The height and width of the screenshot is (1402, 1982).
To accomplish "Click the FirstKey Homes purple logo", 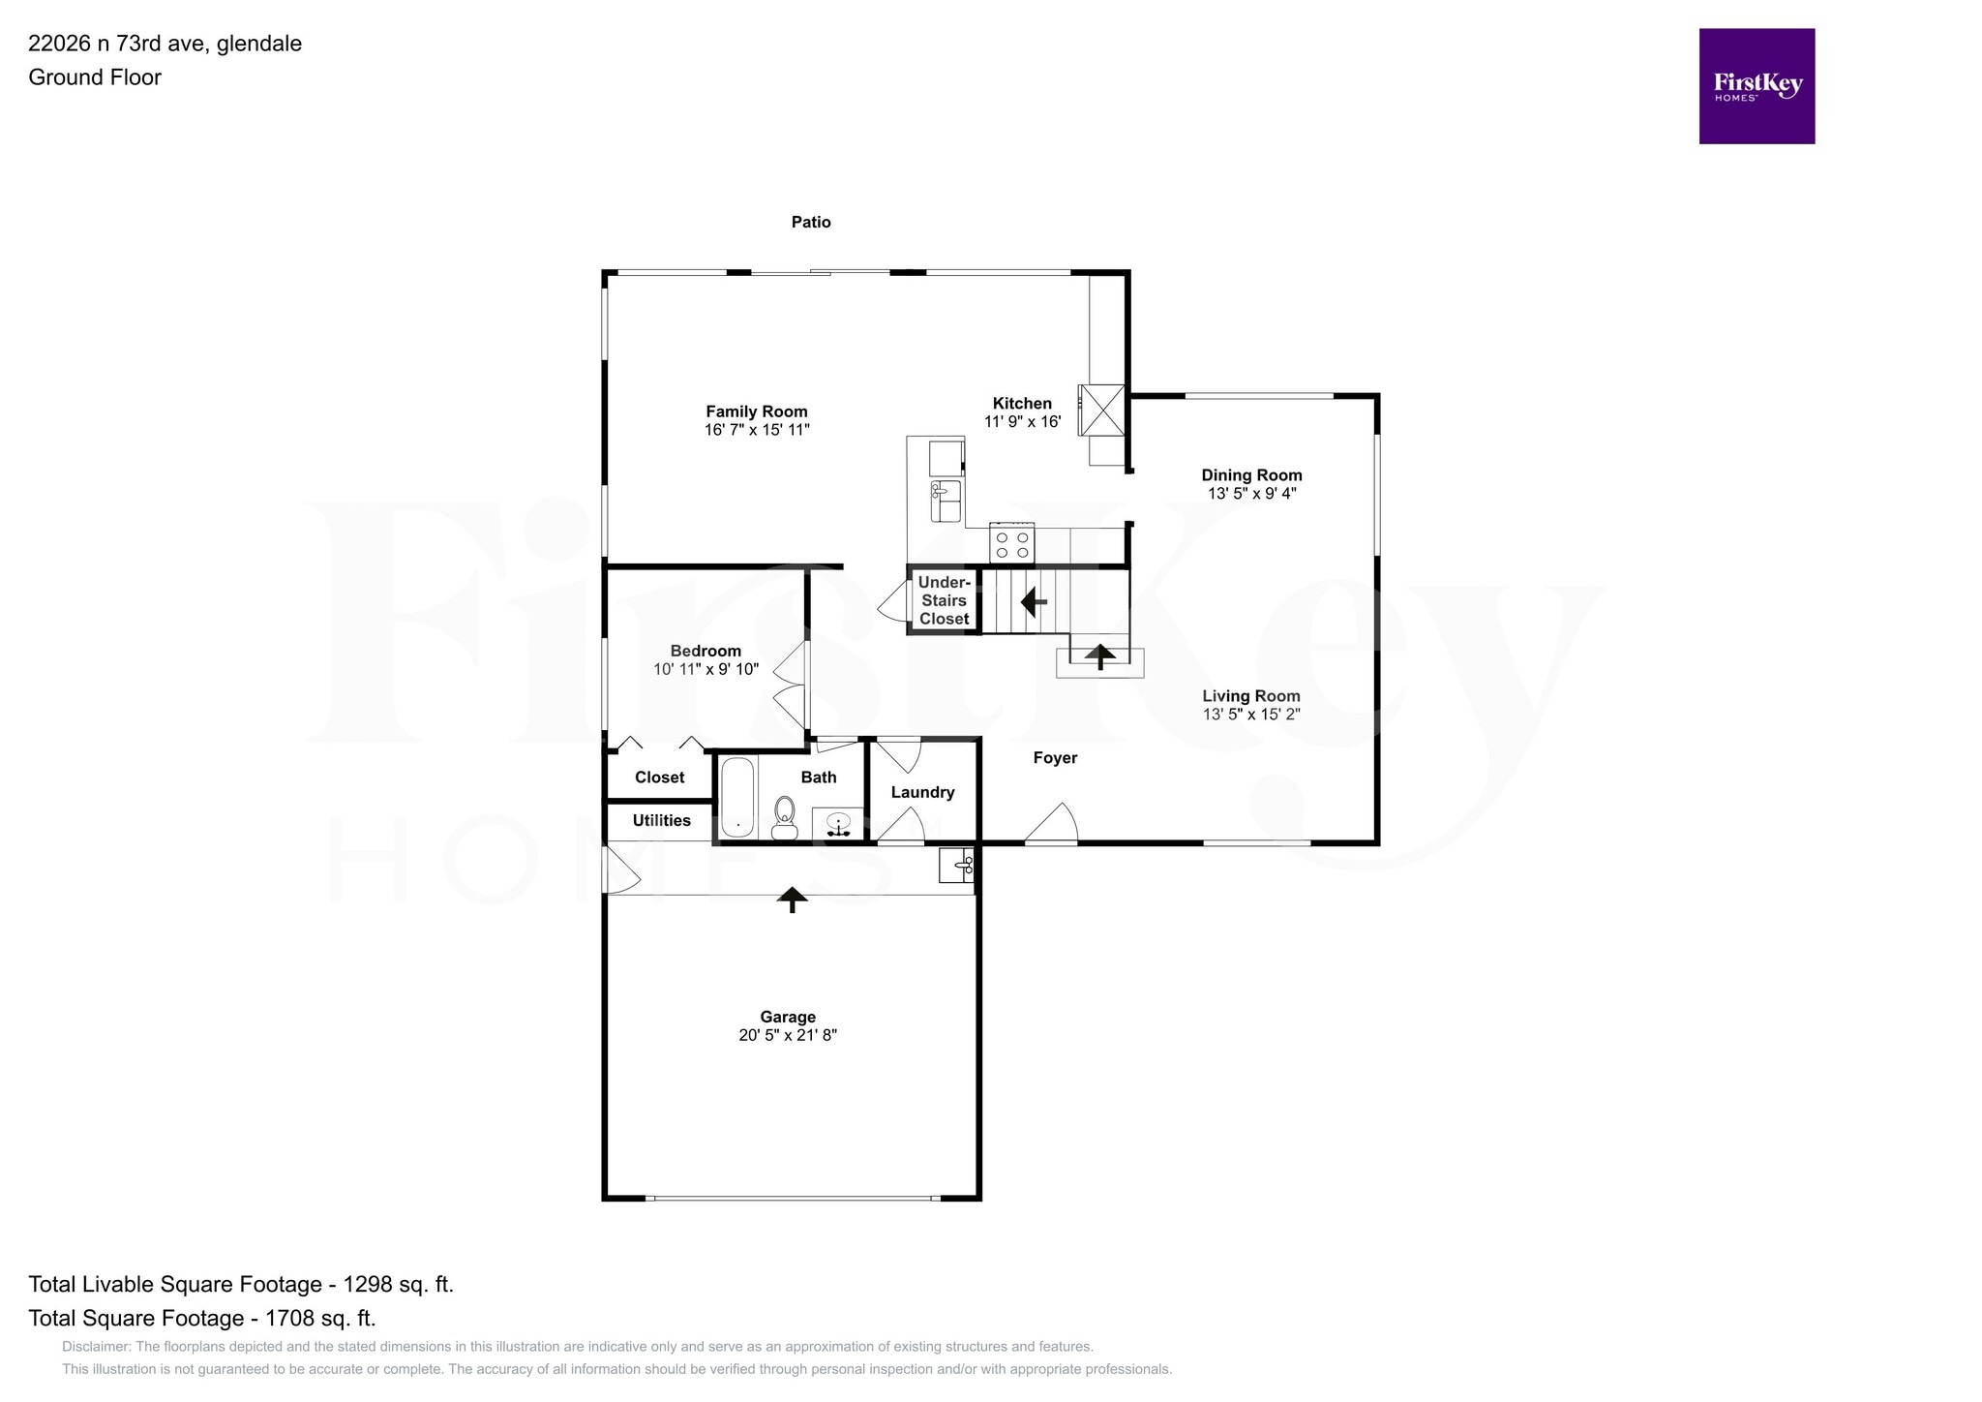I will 1756,86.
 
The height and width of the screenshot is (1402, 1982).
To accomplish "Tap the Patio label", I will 811,222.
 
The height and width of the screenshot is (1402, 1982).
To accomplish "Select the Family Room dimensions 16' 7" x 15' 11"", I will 757,430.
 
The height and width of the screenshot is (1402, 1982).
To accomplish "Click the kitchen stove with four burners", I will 1012,544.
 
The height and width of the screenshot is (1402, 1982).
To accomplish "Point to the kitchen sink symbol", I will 946,501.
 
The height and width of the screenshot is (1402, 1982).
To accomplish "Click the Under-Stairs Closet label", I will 944,600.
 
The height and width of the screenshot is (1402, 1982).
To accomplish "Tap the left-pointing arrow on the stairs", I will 1034,602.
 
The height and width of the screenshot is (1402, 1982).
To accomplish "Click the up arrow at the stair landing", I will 1099,656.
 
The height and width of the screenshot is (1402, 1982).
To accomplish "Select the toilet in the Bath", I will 784,818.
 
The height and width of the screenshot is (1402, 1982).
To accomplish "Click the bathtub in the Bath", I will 738,798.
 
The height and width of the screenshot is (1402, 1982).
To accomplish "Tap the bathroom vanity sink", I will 837,825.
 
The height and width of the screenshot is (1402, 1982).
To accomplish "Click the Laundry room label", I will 922,792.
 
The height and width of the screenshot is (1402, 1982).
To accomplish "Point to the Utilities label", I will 661,820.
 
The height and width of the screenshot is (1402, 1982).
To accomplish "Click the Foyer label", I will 1055,758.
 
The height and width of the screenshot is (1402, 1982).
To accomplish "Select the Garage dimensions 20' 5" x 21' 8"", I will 787,1035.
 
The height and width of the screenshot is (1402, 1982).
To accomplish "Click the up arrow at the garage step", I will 793,899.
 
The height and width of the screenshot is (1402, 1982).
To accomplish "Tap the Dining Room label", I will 1251,475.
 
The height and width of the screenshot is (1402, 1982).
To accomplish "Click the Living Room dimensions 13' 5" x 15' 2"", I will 1251,715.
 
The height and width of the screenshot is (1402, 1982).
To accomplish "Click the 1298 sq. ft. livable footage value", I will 398,1285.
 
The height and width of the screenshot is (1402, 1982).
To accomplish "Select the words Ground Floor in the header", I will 95,77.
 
